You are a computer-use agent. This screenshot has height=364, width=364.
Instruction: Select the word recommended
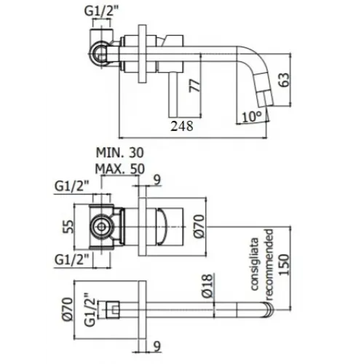point(269,265)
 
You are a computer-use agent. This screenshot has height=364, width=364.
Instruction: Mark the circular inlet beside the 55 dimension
point(100,226)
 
